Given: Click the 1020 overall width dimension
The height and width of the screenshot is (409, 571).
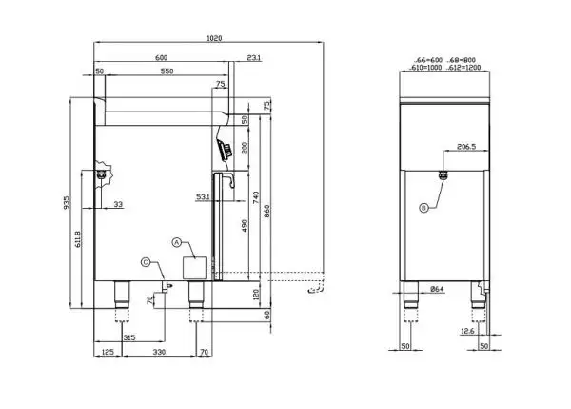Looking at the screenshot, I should point(214,39).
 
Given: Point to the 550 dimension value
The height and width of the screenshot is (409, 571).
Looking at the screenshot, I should point(166,72).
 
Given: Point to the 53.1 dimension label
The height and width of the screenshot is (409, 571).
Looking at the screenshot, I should point(204,196).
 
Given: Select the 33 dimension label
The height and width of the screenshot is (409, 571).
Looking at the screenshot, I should point(118,205).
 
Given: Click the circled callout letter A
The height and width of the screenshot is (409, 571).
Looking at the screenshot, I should point(176,243).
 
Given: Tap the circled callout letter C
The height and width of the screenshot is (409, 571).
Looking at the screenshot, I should point(145,261).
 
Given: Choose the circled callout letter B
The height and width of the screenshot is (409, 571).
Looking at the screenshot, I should point(423,207).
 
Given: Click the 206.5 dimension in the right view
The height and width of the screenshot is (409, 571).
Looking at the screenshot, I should point(466,148).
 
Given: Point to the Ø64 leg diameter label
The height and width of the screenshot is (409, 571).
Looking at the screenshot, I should point(438,289).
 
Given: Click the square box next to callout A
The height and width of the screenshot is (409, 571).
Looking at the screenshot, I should point(194,267).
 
